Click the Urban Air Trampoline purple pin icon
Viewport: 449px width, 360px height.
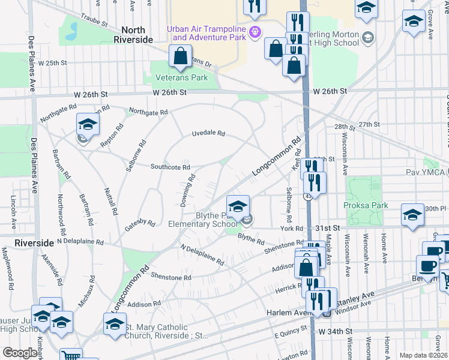point(256,32)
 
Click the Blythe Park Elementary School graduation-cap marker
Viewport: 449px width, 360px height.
point(238,206)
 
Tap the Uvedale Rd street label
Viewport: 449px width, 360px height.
point(208,133)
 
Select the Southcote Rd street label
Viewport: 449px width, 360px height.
point(170,167)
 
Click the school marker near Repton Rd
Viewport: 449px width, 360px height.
point(87,124)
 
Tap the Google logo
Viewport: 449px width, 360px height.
point(20,353)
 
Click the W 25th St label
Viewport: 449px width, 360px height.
point(51,62)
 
